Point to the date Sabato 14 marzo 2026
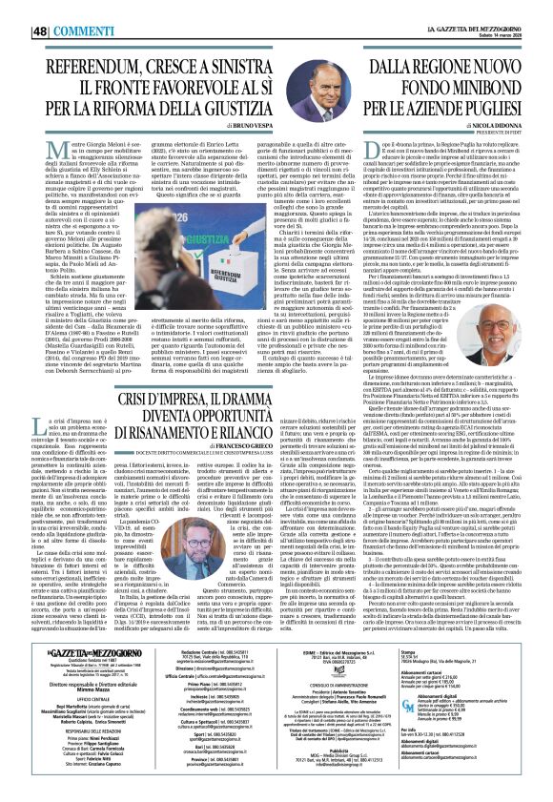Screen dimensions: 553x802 (x=518, y=12)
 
